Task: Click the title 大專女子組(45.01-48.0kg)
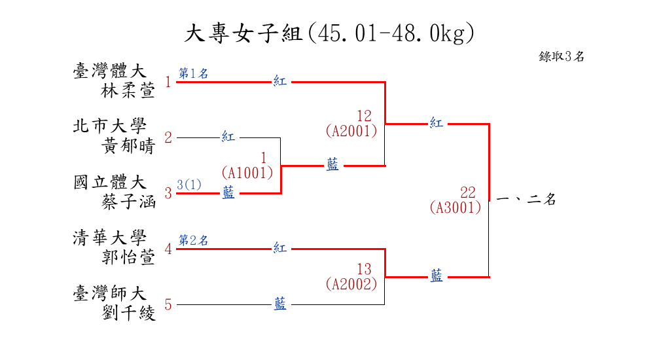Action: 329,33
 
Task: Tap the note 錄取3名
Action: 562,56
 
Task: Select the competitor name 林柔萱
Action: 129,90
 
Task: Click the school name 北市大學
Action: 109,126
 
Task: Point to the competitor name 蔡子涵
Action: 129,202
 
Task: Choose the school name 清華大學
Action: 109,238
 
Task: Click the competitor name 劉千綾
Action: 129,313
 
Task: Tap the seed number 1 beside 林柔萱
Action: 168,82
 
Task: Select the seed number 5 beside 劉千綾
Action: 168,304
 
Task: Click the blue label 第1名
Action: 194,73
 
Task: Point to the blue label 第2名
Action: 194,240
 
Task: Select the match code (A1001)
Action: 247,173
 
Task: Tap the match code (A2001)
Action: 351,131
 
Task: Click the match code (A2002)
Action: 351,284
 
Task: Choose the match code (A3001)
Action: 456,207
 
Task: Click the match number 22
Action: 468,192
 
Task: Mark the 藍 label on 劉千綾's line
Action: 280,304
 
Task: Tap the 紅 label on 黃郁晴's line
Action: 228,137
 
